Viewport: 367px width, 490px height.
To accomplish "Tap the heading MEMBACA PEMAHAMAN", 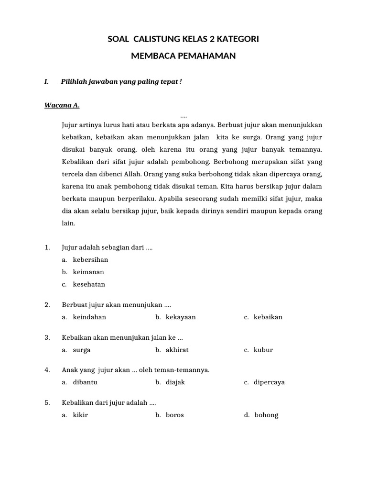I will tap(183, 56).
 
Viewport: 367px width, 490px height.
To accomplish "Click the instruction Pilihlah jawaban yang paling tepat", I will tap(121, 82).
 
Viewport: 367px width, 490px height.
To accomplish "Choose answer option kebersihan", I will tap(90, 260).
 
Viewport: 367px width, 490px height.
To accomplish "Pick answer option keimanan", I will tap(88, 272).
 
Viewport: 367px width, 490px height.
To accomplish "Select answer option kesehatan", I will tap(89, 284).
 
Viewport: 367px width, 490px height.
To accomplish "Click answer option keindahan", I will tap(89, 317).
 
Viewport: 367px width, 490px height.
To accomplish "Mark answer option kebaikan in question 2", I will tap(268, 317).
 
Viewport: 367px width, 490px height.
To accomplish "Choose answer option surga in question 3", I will tap(82, 350).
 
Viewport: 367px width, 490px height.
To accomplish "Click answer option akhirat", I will tap(177, 350).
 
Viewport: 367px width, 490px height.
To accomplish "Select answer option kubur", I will tap(263, 350).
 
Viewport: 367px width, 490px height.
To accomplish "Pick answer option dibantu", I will tap(85, 382).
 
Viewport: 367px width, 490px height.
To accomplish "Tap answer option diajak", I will tap(175, 382).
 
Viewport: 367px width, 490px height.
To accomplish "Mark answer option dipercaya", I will tap(269, 382).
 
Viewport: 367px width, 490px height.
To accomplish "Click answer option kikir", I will tap(80, 415).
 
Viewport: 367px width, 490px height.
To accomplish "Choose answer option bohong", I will tap(266, 415).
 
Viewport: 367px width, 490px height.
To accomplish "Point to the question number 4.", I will tap(47, 370).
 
